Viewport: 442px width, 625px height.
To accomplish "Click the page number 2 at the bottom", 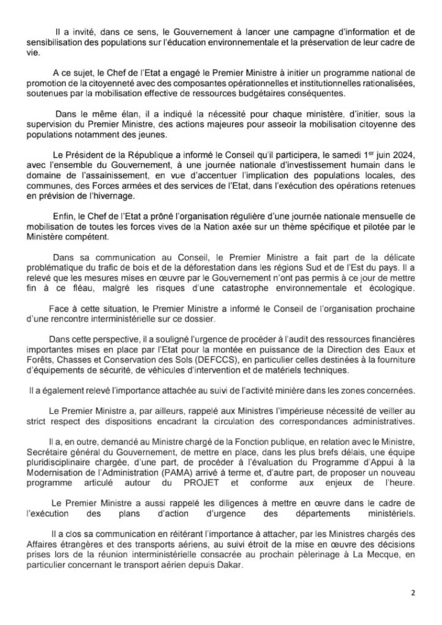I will pos(413,592).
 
